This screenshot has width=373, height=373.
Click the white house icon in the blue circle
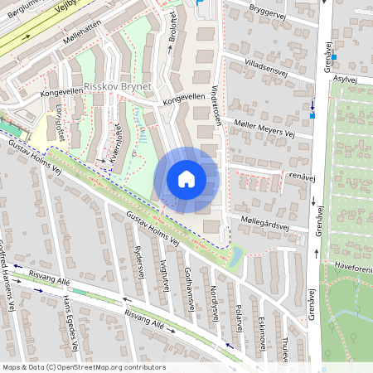coord(186,179)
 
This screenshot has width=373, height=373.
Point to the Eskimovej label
coord(261,327)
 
